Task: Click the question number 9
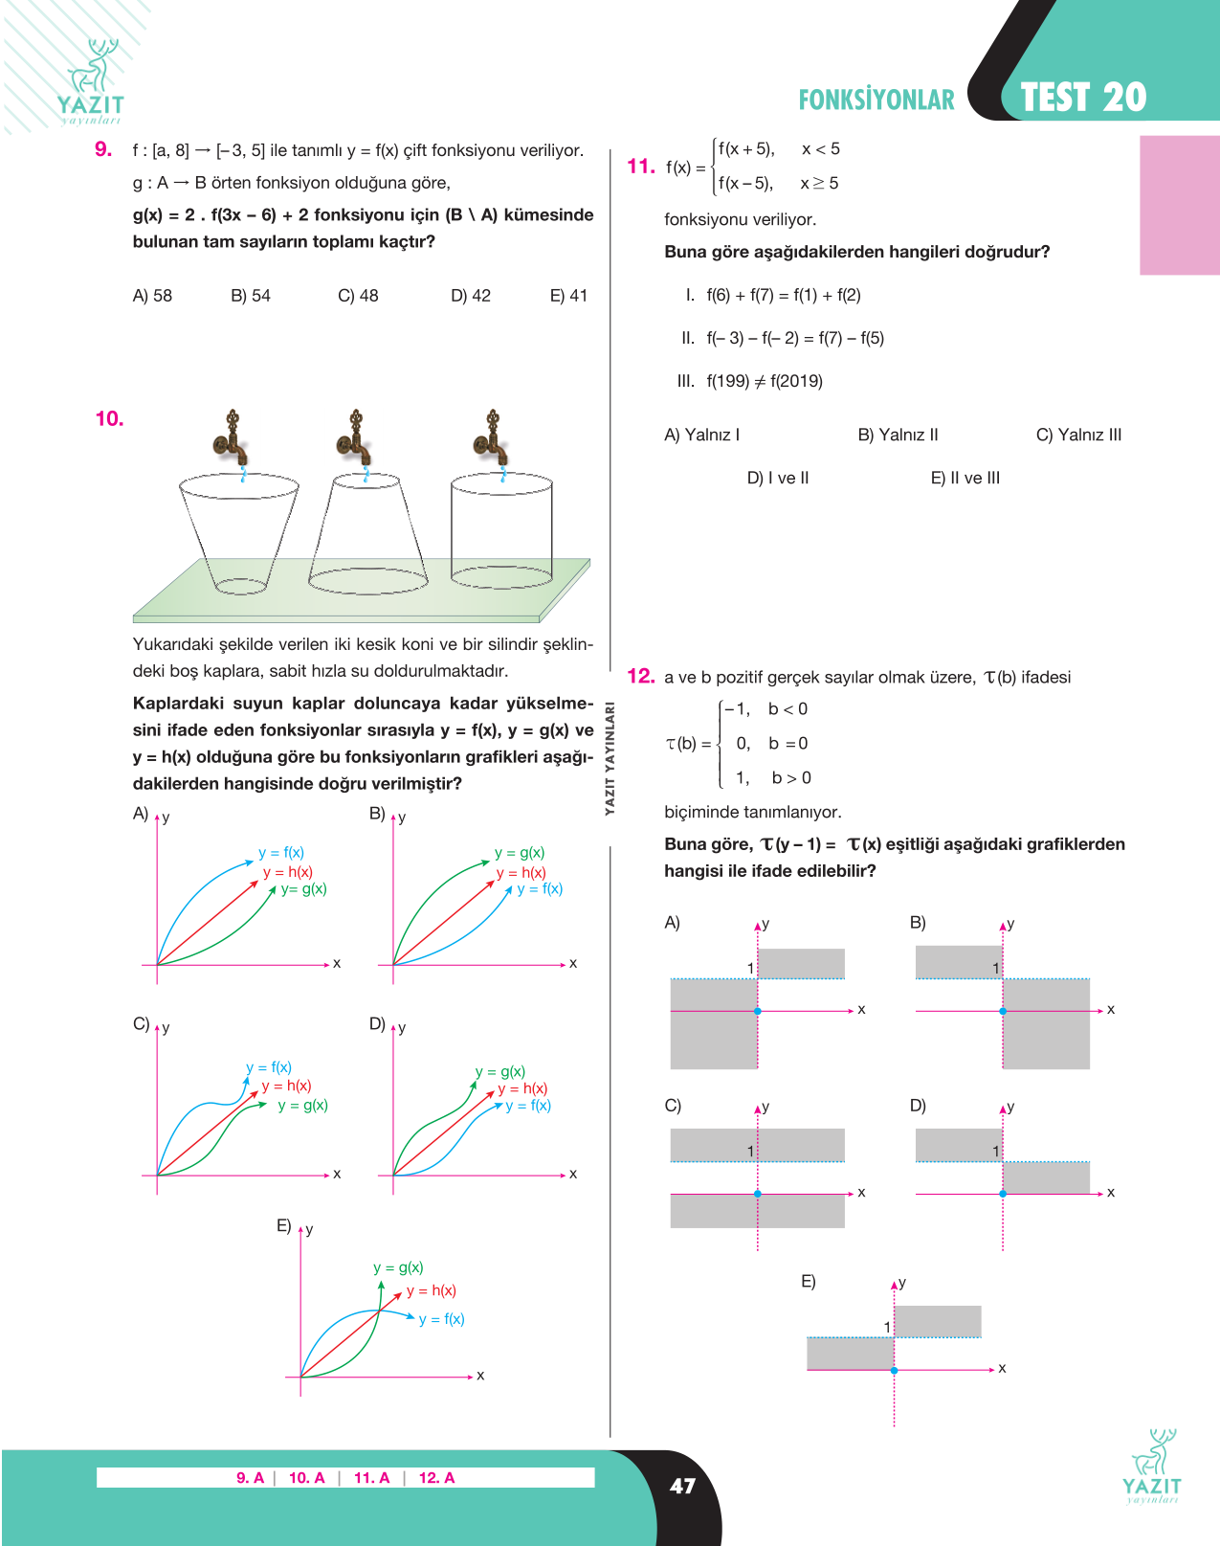click(x=103, y=149)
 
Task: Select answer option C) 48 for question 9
click(x=358, y=296)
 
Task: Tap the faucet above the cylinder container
click(x=492, y=438)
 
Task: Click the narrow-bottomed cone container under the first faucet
click(x=239, y=533)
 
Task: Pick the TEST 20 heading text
click(x=1083, y=98)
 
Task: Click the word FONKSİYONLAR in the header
click(x=876, y=100)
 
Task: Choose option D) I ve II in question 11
click(x=778, y=479)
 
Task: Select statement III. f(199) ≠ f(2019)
click(x=749, y=381)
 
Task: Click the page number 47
click(x=682, y=1486)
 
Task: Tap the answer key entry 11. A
click(x=371, y=1478)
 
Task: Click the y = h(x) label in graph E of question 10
click(x=432, y=1291)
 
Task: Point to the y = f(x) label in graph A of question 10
click(x=281, y=853)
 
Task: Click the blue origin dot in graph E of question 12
click(x=894, y=1371)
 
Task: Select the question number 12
click(x=640, y=676)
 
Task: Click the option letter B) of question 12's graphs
click(x=918, y=923)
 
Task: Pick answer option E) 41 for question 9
click(x=568, y=296)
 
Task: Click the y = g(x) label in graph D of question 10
click(x=499, y=1072)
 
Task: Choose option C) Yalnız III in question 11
click(x=1078, y=436)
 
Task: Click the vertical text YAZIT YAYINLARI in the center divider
click(x=610, y=758)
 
